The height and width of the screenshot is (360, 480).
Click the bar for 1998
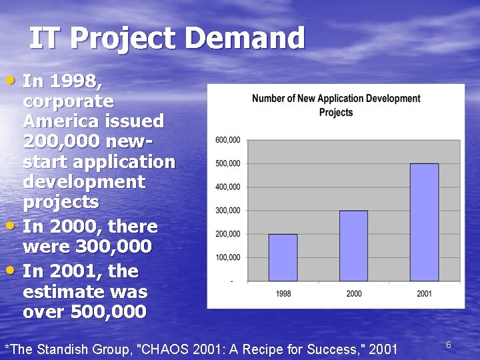283,257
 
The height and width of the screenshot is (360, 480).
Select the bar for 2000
353,246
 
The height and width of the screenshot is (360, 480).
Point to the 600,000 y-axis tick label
227,140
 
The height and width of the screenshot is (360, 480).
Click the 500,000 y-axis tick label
227,163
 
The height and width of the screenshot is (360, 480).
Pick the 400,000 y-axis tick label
227,187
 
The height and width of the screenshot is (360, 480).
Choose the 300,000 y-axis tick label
227,211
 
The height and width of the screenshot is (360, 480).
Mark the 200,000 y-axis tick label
227,234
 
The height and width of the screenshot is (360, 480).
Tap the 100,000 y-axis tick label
227,257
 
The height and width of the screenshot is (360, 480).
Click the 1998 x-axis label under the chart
283,294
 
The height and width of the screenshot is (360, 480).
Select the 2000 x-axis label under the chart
353,294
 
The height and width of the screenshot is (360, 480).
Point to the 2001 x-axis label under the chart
424,294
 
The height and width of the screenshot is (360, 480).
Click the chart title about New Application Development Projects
336,105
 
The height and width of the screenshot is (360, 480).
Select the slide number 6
449,345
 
